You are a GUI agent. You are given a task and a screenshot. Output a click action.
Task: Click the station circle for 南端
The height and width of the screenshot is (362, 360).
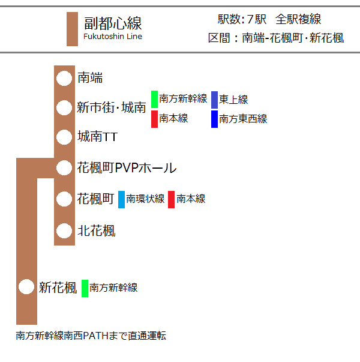(64, 78)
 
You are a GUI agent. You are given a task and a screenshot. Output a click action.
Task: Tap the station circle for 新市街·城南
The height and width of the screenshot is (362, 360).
(64, 107)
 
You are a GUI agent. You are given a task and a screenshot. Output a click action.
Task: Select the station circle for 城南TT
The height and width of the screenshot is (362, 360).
(64, 137)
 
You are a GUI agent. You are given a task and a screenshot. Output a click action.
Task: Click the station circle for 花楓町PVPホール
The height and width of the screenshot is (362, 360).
(64, 168)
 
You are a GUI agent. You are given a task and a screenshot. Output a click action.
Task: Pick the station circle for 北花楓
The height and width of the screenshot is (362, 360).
(64, 231)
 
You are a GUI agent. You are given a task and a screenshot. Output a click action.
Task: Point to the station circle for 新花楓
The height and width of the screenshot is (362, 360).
(26, 287)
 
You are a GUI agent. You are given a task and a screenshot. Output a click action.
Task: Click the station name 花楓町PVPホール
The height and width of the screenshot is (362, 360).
(127, 168)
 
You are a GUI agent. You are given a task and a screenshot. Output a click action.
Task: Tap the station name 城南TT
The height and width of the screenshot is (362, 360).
(98, 136)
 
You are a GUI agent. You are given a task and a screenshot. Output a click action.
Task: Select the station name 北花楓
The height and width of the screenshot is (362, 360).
(97, 231)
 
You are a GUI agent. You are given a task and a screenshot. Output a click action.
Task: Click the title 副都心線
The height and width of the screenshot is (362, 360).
(113, 23)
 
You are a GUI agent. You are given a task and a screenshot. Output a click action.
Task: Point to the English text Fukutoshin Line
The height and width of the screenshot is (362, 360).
(113, 37)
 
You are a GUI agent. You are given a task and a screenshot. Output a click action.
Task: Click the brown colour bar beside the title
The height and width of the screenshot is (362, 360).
(72, 29)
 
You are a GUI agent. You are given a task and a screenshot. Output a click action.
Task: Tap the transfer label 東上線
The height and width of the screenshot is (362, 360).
(233, 100)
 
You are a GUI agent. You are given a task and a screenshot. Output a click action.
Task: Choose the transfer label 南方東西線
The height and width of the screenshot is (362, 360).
(243, 119)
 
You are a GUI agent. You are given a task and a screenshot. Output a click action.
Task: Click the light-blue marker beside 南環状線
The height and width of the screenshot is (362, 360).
(121, 200)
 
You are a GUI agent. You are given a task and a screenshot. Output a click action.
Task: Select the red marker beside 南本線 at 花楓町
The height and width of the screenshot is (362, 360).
(171, 200)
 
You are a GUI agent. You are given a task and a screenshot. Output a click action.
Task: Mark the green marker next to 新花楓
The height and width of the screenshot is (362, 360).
(85, 288)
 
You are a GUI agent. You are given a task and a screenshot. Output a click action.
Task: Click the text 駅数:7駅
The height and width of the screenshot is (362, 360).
(242, 19)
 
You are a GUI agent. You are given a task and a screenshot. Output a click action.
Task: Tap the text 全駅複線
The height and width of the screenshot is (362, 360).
(298, 19)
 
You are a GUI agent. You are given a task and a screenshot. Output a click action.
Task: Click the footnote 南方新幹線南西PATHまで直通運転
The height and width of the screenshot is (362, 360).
(91, 336)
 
